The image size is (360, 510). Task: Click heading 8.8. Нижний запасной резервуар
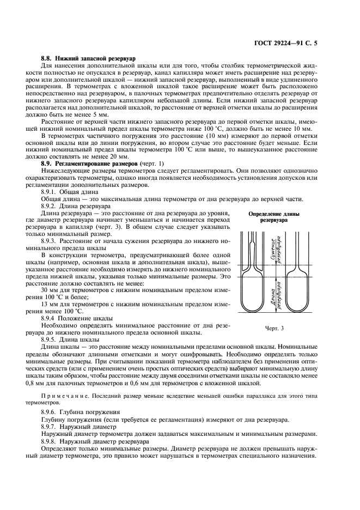pos(89,58)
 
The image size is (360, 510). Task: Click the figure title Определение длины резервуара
pos(271,217)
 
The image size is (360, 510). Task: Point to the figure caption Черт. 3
pos(271,329)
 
